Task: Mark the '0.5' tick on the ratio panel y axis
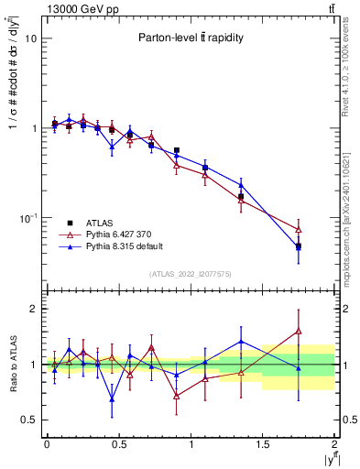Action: pos(28,420)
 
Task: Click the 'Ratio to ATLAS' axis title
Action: pos(12,364)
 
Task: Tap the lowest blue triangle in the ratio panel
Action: pos(112,399)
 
